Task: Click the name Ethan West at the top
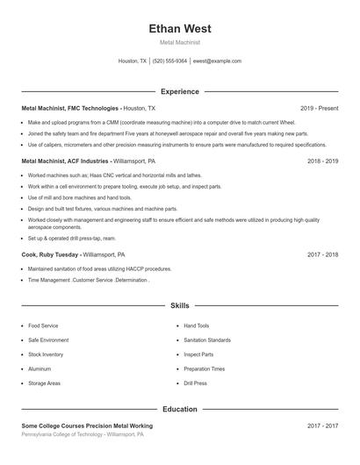180,29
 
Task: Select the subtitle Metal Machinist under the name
180,42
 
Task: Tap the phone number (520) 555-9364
169,61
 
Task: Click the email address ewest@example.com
217,61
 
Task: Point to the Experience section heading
180,91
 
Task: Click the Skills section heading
180,306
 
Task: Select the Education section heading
180,409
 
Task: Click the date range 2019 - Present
319,108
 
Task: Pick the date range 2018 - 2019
322,161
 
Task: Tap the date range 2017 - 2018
322,254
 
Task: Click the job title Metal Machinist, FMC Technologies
70,108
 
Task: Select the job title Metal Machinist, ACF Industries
66,161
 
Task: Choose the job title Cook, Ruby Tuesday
50,254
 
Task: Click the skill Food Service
43,325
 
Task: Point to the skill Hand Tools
197,325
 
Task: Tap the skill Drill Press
195,383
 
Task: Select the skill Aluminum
40,369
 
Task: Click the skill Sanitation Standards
207,340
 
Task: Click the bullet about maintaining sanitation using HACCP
99,268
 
